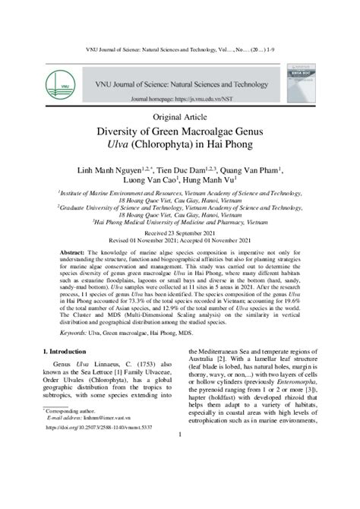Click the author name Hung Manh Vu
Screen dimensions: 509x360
[215, 181]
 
